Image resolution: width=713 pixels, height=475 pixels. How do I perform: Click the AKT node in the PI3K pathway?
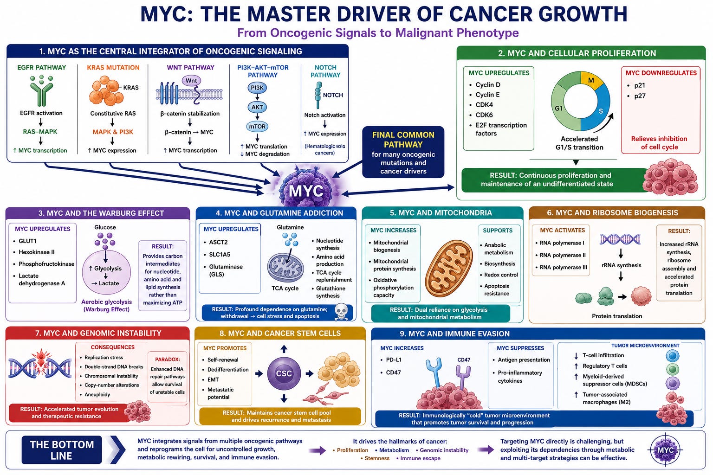point(257,107)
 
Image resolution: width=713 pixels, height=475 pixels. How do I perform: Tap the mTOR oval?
point(257,126)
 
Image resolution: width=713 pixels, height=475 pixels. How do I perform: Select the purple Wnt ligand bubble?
point(191,81)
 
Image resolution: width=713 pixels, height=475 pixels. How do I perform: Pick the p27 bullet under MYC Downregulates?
point(636,96)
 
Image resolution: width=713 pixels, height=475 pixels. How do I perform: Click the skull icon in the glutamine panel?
point(341,312)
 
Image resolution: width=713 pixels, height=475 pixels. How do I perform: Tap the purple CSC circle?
point(284,373)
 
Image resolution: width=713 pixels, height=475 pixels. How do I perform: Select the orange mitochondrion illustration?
point(449,269)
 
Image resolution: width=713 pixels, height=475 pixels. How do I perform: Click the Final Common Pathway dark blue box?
point(403,152)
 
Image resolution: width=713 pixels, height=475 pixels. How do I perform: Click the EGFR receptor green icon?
point(41,90)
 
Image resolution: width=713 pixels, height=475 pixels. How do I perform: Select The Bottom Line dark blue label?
point(62,450)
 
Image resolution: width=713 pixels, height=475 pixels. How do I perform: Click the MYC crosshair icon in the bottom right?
point(665,450)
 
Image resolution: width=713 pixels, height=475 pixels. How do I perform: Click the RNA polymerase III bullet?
point(562,267)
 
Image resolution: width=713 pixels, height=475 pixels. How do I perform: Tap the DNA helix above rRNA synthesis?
point(620,239)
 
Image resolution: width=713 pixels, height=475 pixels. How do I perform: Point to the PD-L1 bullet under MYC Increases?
point(391,360)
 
